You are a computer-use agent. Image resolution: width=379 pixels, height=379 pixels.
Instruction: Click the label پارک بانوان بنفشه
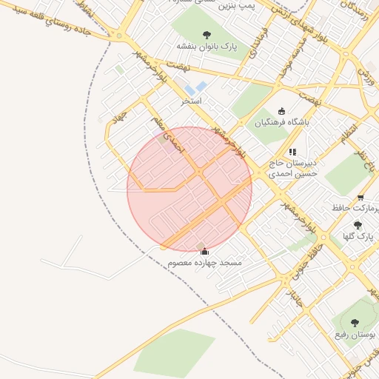pos(206,47)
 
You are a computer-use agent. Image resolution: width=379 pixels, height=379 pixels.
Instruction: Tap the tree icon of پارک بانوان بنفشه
pos(206,34)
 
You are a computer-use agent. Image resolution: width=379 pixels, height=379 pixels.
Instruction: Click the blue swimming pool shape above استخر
pos(196,89)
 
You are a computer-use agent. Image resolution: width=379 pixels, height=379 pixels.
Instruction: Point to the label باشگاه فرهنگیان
pos(281,123)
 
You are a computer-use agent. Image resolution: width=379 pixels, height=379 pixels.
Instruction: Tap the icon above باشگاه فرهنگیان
pos(281,111)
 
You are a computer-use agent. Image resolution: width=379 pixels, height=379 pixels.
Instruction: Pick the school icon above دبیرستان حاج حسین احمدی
pos(292,152)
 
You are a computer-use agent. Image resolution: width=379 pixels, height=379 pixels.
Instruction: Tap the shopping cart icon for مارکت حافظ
pos(360,198)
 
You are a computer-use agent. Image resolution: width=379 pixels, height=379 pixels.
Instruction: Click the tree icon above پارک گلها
pos(358,225)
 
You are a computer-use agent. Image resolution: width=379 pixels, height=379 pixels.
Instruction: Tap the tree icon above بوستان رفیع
pos(353,323)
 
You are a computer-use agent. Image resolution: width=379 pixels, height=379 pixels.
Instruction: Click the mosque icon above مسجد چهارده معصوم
pos(204,252)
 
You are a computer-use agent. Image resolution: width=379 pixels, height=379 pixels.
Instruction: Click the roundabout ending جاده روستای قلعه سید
pos(118,34)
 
